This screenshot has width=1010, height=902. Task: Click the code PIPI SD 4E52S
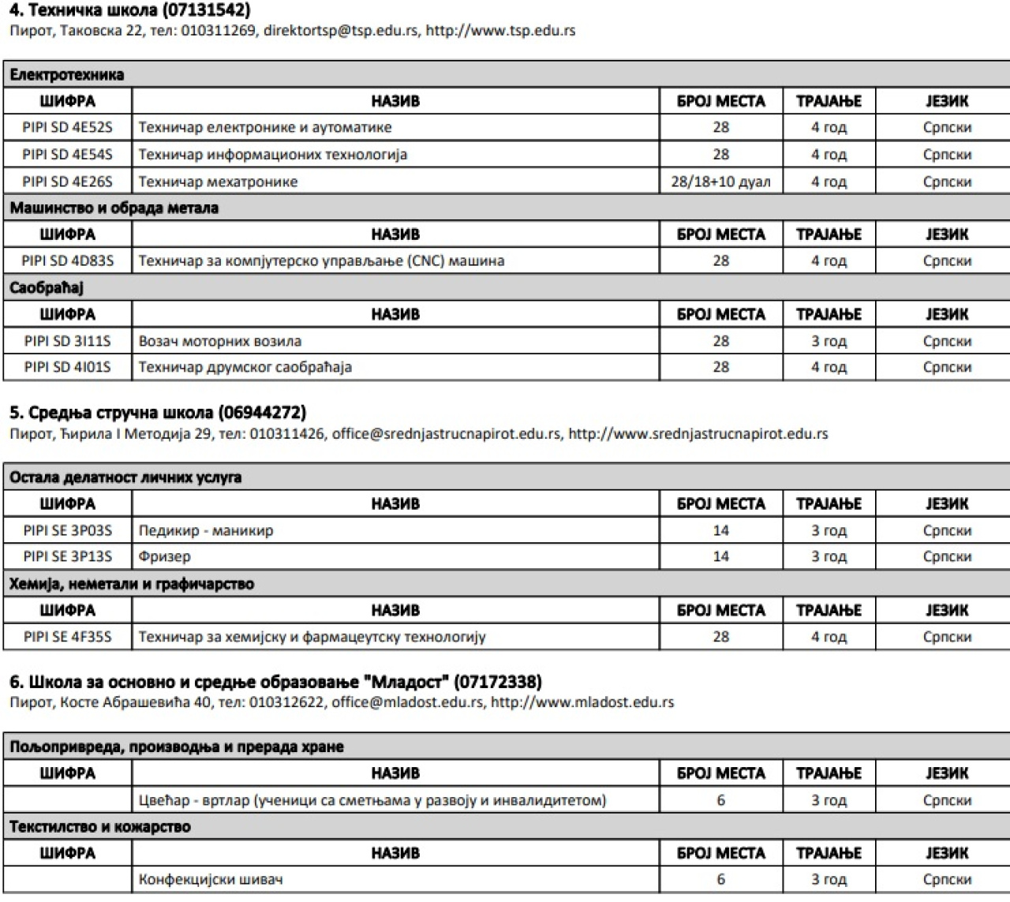click(x=68, y=128)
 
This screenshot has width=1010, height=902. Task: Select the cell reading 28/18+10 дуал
click(x=720, y=182)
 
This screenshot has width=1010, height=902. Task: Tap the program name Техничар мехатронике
click(x=218, y=182)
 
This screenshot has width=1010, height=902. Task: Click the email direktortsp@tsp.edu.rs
click(x=340, y=32)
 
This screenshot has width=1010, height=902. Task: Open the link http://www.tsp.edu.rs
click(x=500, y=32)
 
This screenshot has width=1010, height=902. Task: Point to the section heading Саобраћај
click(x=47, y=288)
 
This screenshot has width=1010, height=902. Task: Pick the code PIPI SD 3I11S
click(x=68, y=341)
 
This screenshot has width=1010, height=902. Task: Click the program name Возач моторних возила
click(x=219, y=341)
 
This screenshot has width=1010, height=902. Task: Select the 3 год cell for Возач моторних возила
click(x=829, y=341)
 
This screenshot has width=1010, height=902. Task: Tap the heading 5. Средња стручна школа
click(x=157, y=413)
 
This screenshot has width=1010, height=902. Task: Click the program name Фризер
click(x=164, y=556)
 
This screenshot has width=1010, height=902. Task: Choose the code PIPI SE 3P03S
click(x=68, y=530)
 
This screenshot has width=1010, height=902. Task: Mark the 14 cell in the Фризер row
click(x=720, y=556)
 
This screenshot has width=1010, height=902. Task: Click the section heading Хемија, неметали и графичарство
click(x=132, y=584)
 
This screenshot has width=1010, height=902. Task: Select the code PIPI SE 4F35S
click(x=68, y=637)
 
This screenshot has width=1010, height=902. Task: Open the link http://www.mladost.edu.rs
click(x=582, y=702)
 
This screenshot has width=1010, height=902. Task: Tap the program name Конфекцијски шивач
click(x=210, y=879)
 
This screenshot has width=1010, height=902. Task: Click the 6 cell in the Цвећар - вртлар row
click(x=720, y=800)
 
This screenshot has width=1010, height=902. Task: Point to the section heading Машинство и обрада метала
click(x=114, y=208)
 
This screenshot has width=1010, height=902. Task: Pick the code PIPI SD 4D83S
click(x=68, y=261)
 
